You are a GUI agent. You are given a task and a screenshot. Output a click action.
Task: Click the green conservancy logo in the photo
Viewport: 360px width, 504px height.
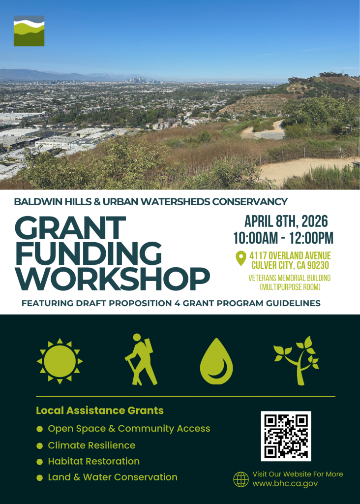(x=29, y=31)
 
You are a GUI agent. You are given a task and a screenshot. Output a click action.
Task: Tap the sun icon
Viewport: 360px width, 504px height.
(x=60, y=361)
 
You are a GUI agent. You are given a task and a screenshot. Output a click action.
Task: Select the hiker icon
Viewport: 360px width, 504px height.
(x=140, y=360)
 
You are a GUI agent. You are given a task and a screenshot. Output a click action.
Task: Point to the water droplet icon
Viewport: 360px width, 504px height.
(x=216, y=361)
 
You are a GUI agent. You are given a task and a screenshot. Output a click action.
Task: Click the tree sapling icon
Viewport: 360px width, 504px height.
(x=297, y=360)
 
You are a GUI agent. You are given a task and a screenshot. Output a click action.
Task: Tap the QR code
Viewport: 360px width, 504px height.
(x=286, y=436)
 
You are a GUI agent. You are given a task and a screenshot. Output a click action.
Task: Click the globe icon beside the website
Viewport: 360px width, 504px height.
(x=241, y=479)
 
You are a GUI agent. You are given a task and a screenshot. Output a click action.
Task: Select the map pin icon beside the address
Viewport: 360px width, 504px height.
(x=240, y=258)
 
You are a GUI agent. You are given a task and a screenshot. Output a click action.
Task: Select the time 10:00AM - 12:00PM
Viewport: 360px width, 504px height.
(x=283, y=238)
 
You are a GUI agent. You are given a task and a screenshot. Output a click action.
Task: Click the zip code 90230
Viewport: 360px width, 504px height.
(x=313, y=266)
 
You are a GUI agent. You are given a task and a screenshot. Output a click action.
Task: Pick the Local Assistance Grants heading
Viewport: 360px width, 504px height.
(x=100, y=410)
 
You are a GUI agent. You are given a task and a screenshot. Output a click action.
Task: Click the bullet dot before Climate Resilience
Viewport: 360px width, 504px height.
(x=39, y=445)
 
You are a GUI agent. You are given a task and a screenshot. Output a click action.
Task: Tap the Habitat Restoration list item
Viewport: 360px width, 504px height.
(x=93, y=461)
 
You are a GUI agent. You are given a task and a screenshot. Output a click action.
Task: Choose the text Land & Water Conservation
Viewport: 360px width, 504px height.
(x=113, y=477)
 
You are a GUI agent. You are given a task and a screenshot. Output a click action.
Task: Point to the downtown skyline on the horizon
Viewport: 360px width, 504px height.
(x=146, y=79)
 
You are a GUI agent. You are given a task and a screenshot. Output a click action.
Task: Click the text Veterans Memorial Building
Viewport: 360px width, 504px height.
(x=289, y=278)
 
